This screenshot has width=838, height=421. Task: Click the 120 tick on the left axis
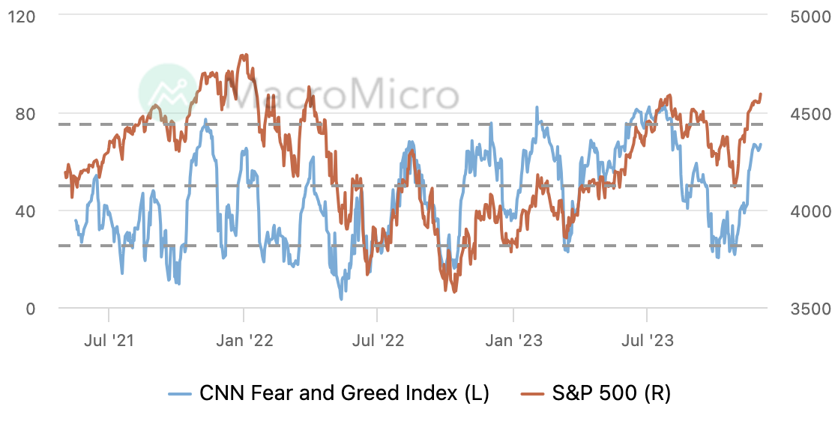pyautogui.click(x=25, y=16)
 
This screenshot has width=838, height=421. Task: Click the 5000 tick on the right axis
pyautogui.click(x=810, y=16)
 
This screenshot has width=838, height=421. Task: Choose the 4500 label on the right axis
pyautogui.click(x=810, y=114)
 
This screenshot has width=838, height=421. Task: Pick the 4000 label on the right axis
pyautogui.click(x=810, y=211)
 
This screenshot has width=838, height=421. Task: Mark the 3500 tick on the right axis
pyautogui.click(x=810, y=309)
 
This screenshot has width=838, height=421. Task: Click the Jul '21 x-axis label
pyautogui.click(x=109, y=342)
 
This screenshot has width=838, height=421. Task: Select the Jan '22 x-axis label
pyautogui.click(x=244, y=342)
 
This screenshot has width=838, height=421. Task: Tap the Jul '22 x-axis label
pyautogui.click(x=378, y=342)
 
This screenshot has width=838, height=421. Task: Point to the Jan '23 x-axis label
pyautogui.click(x=513, y=342)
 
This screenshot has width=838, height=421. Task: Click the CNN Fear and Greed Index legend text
pyautogui.click(x=344, y=393)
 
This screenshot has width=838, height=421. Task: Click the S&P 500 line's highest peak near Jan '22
pyautogui.click(x=243, y=55)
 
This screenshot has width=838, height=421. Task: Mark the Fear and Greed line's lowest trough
pyautogui.click(x=342, y=299)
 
